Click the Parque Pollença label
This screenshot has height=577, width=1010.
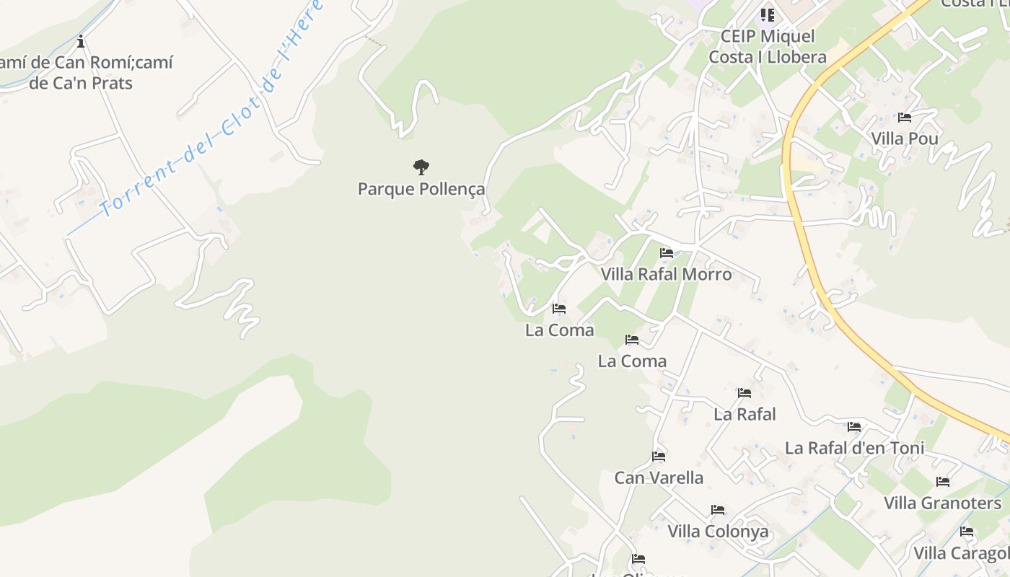pos(421,190)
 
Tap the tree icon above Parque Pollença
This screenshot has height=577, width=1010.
pos(421,168)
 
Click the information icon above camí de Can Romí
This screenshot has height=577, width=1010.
pos(81,40)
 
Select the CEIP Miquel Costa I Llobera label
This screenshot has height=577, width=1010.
pos(768,46)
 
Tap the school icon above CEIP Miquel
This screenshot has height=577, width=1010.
pos(767,14)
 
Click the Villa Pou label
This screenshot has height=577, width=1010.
pos(905,138)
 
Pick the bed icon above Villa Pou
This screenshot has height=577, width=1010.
pos(905,118)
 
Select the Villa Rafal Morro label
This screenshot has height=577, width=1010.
pos(667,274)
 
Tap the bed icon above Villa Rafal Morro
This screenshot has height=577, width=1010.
pos(667,253)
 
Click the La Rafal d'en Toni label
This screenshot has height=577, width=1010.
pos(854,448)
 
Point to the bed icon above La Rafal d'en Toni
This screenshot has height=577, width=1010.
pos(854,427)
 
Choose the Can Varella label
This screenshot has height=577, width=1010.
pos(659,477)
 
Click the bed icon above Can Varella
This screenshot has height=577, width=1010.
pos(659,457)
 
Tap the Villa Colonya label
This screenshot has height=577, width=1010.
pos(718,532)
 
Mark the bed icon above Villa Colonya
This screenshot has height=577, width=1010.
pos(718,510)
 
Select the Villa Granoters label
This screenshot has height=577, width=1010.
pos(943,503)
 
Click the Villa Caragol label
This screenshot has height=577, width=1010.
pos(962,553)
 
